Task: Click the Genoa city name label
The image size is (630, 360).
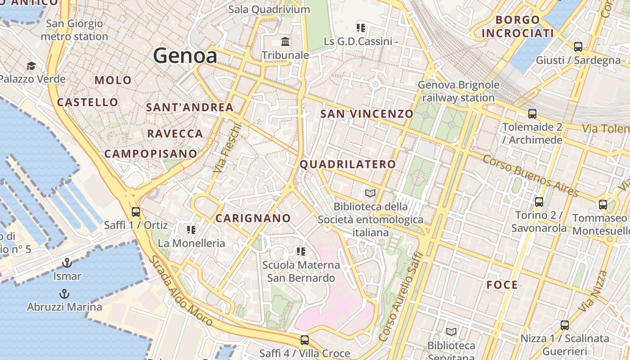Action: [x=185, y=56]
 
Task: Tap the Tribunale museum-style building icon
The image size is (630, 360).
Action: [x=285, y=42]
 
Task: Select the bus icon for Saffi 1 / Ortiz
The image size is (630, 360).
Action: [x=135, y=211]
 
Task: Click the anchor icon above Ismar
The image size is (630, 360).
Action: [x=67, y=262]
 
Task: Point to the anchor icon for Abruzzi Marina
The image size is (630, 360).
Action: [x=64, y=294]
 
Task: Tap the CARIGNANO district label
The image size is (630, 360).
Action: [x=253, y=218]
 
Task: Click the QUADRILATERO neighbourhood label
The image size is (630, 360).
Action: [x=348, y=164]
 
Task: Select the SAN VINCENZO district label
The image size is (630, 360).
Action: [x=367, y=114]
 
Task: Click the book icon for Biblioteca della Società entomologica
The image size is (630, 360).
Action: [x=370, y=193]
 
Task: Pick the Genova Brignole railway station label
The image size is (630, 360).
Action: [x=459, y=91]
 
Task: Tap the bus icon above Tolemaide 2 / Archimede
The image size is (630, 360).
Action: [x=532, y=113]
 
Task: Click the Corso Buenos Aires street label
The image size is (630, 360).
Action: [x=531, y=175]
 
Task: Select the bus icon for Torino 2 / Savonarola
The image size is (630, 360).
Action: [x=539, y=202]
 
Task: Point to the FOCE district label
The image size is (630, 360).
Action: [x=502, y=285]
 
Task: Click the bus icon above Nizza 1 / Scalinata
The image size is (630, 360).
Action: [x=565, y=325]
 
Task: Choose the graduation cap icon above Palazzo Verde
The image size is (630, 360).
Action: [x=31, y=66]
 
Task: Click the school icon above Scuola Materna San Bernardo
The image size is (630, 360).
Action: [x=301, y=251]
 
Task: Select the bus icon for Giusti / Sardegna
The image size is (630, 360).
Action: [x=578, y=46]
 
